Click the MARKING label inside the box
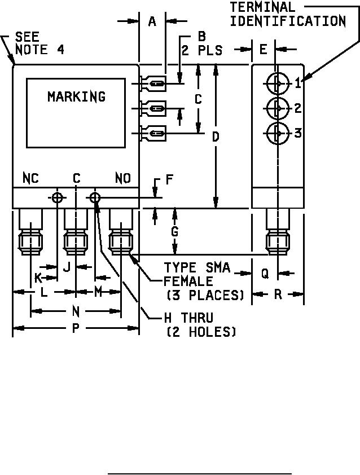point(76,96)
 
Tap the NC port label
point(30,178)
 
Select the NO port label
point(122,178)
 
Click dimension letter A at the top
point(152,21)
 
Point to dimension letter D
point(216,137)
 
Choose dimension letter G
point(175,231)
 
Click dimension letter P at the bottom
point(76,328)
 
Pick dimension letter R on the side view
point(278,294)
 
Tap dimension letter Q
point(265,273)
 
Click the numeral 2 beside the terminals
point(297,108)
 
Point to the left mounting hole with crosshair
point(58,197)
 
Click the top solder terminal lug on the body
point(154,85)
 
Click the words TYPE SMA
point(197,267)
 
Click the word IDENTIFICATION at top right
point(288,21)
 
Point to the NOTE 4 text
point(39,50)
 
